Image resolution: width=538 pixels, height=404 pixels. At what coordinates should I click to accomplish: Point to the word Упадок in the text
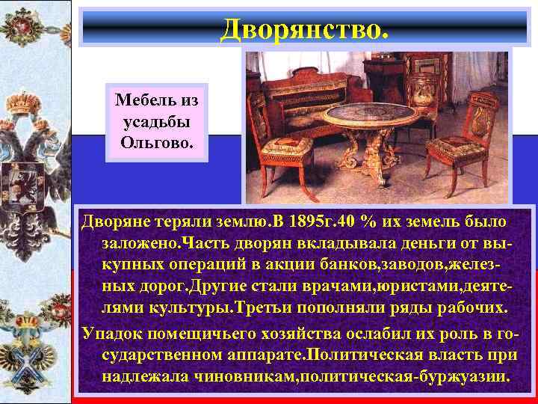[x=113, y=331]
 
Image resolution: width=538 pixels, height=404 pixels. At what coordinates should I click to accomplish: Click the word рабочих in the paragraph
[x=463, y=309]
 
